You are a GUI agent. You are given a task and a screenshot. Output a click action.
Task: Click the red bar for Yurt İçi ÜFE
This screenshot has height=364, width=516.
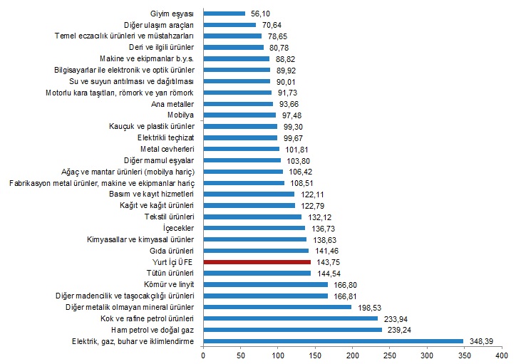(257, 262)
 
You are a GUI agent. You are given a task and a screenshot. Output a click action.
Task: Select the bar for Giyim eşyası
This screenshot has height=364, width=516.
(224, 13)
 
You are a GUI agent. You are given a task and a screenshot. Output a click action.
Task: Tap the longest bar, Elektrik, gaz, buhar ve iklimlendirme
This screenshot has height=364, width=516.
(333, 341)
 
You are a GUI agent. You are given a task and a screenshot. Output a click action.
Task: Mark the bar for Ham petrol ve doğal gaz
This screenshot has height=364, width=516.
(292, 330)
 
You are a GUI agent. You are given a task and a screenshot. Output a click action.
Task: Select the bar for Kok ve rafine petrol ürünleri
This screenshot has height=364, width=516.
(290, 318)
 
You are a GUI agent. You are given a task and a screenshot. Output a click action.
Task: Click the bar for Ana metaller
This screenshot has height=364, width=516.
(238, 103)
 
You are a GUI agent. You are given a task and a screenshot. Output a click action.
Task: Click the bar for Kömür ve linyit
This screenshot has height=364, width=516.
(265, 284)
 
